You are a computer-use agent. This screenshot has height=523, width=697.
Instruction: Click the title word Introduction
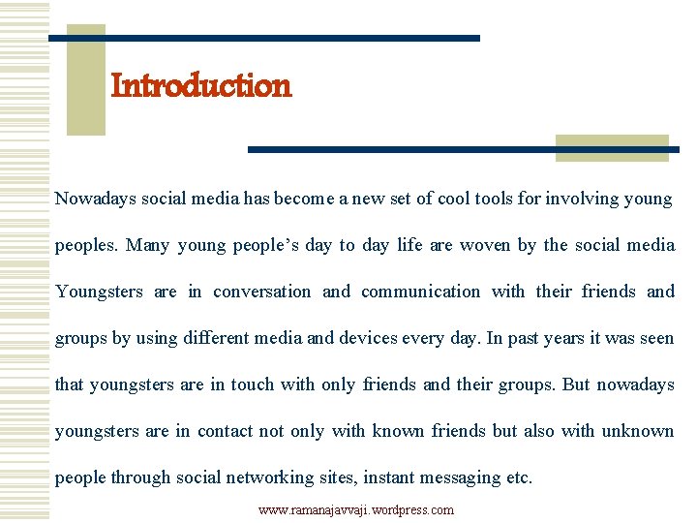point(200,86)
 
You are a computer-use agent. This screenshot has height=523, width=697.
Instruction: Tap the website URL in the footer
point(355,509)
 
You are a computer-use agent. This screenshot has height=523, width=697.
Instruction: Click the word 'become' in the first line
point(303,199)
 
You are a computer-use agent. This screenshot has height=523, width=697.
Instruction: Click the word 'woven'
point(484,245)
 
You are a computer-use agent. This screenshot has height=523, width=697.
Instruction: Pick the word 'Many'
point(146,245)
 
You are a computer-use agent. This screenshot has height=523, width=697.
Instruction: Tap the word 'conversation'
point(262,292)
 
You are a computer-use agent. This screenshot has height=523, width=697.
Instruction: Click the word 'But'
point(575,385)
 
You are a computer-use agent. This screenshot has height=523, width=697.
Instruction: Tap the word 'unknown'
point(637,431)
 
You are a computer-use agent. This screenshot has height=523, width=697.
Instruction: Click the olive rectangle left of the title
point(85,79)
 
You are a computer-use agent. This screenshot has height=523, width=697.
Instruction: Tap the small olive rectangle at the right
point(612,147)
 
